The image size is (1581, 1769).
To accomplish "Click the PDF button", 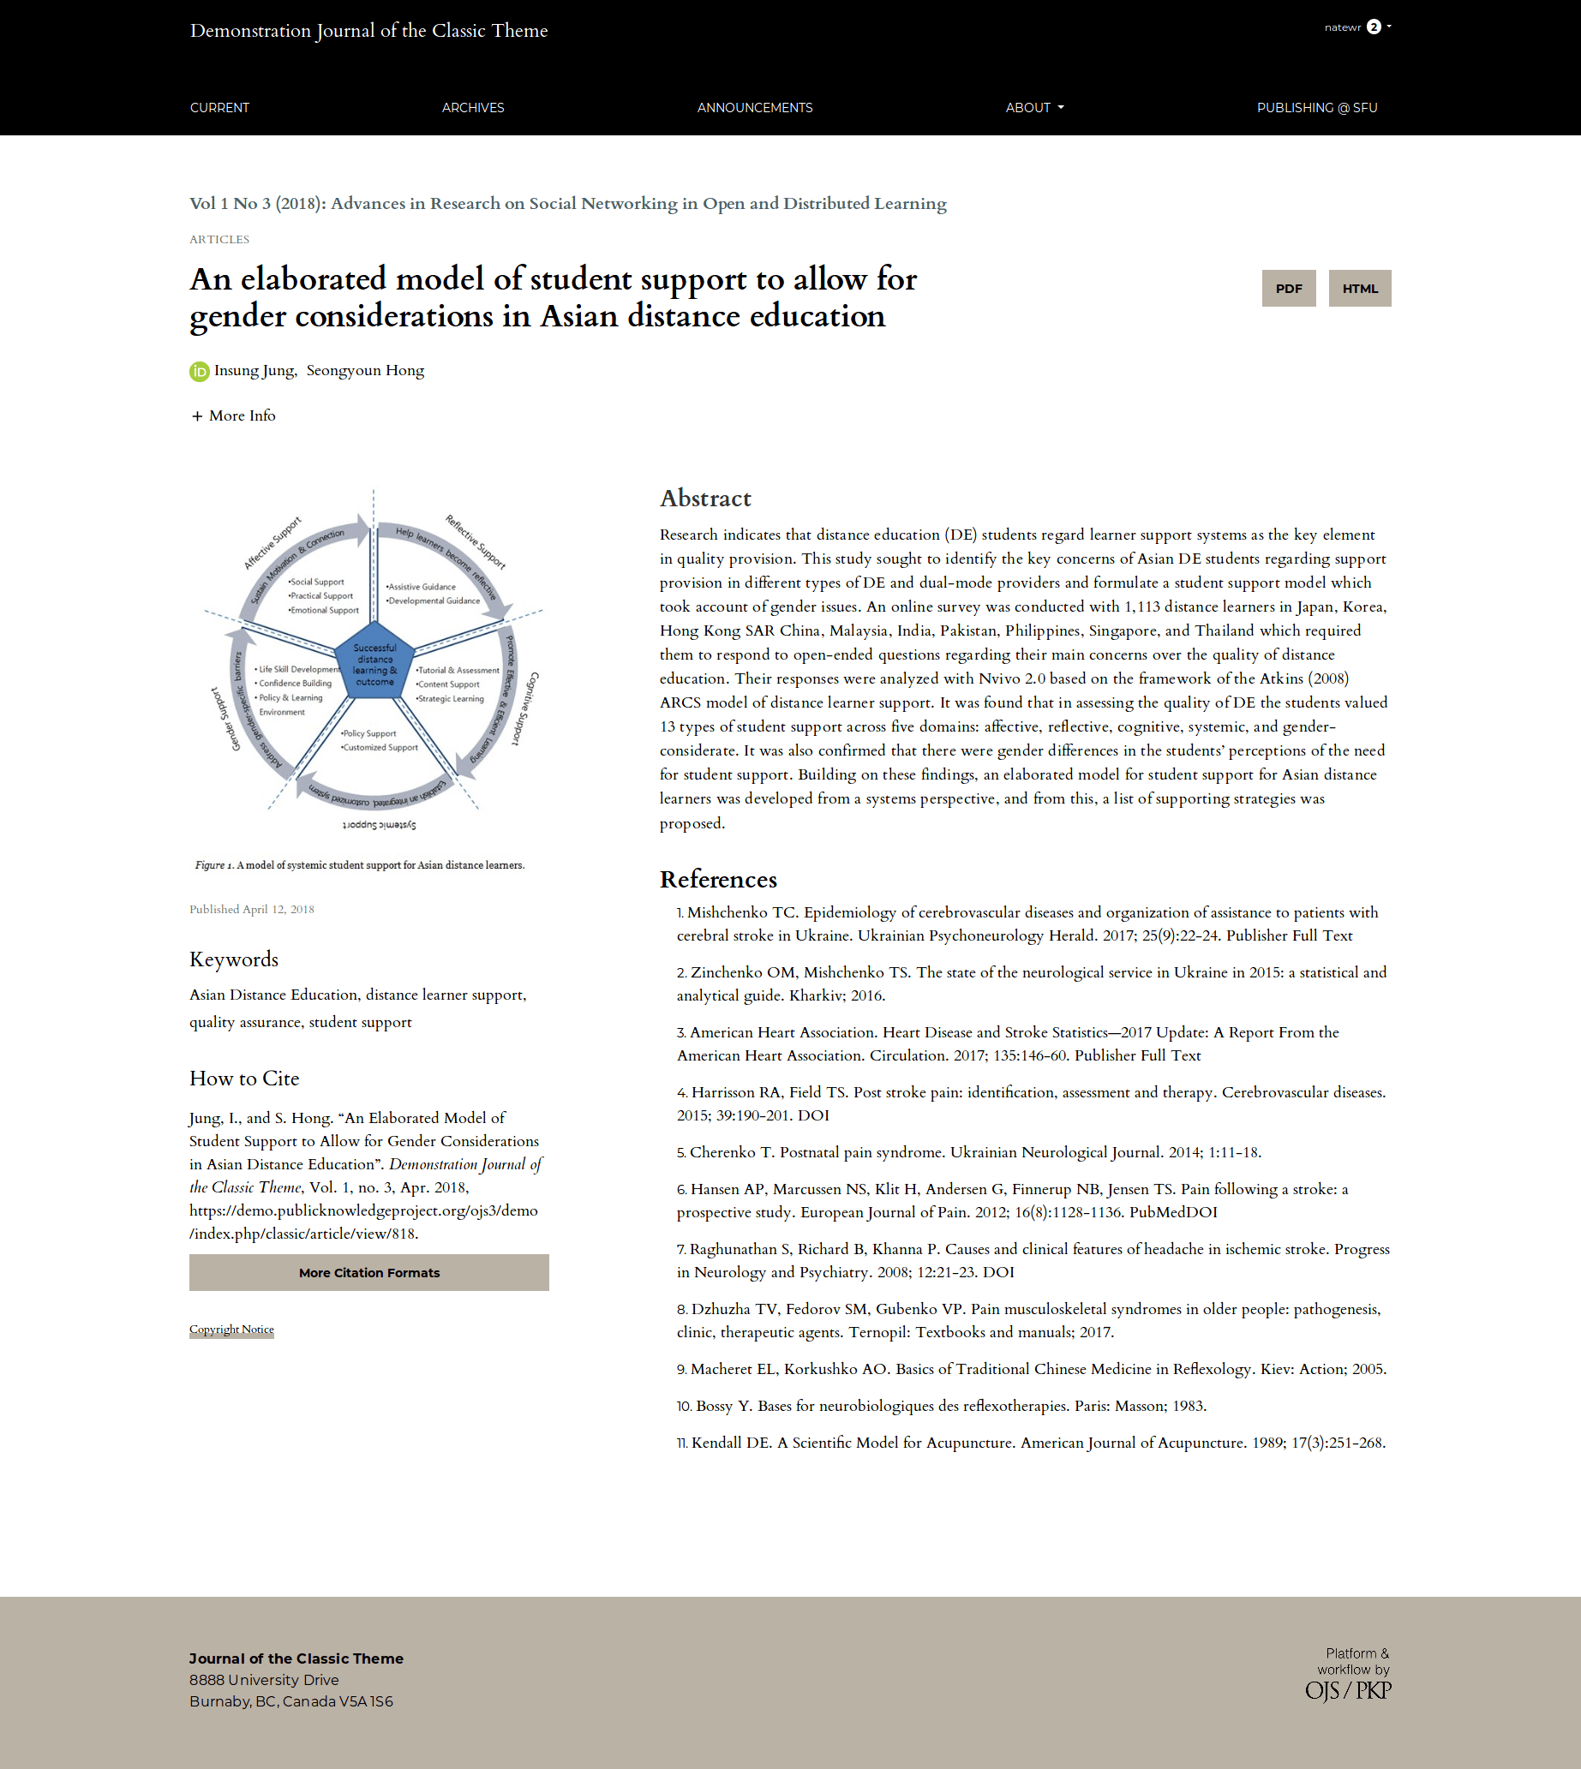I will [1288, 289].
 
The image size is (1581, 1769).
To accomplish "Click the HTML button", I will [1359, 289].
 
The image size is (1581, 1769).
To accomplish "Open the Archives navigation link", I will [472, 108].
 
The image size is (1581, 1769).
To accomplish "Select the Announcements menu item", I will [754, 108].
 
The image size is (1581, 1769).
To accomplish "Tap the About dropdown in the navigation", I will [1033, 108].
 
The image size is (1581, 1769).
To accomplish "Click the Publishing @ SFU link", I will [1316, 108].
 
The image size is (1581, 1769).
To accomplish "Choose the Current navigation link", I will [219, 108].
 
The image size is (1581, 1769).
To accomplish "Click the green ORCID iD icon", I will [199, 372].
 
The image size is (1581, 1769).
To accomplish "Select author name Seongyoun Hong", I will [365, 371].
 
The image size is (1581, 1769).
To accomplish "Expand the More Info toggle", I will [234, 416].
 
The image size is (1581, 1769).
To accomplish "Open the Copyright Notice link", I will [231, 1330].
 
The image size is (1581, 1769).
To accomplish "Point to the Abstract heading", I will [705, 499].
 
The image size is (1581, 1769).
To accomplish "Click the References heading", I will [717, 880].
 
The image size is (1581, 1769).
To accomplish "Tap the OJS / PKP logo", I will [1347, 1691].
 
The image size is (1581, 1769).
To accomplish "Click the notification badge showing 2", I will [1374, 27].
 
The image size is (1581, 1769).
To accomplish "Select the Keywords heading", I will [234, 959].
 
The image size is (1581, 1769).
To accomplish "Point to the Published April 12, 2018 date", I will [252, 909].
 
